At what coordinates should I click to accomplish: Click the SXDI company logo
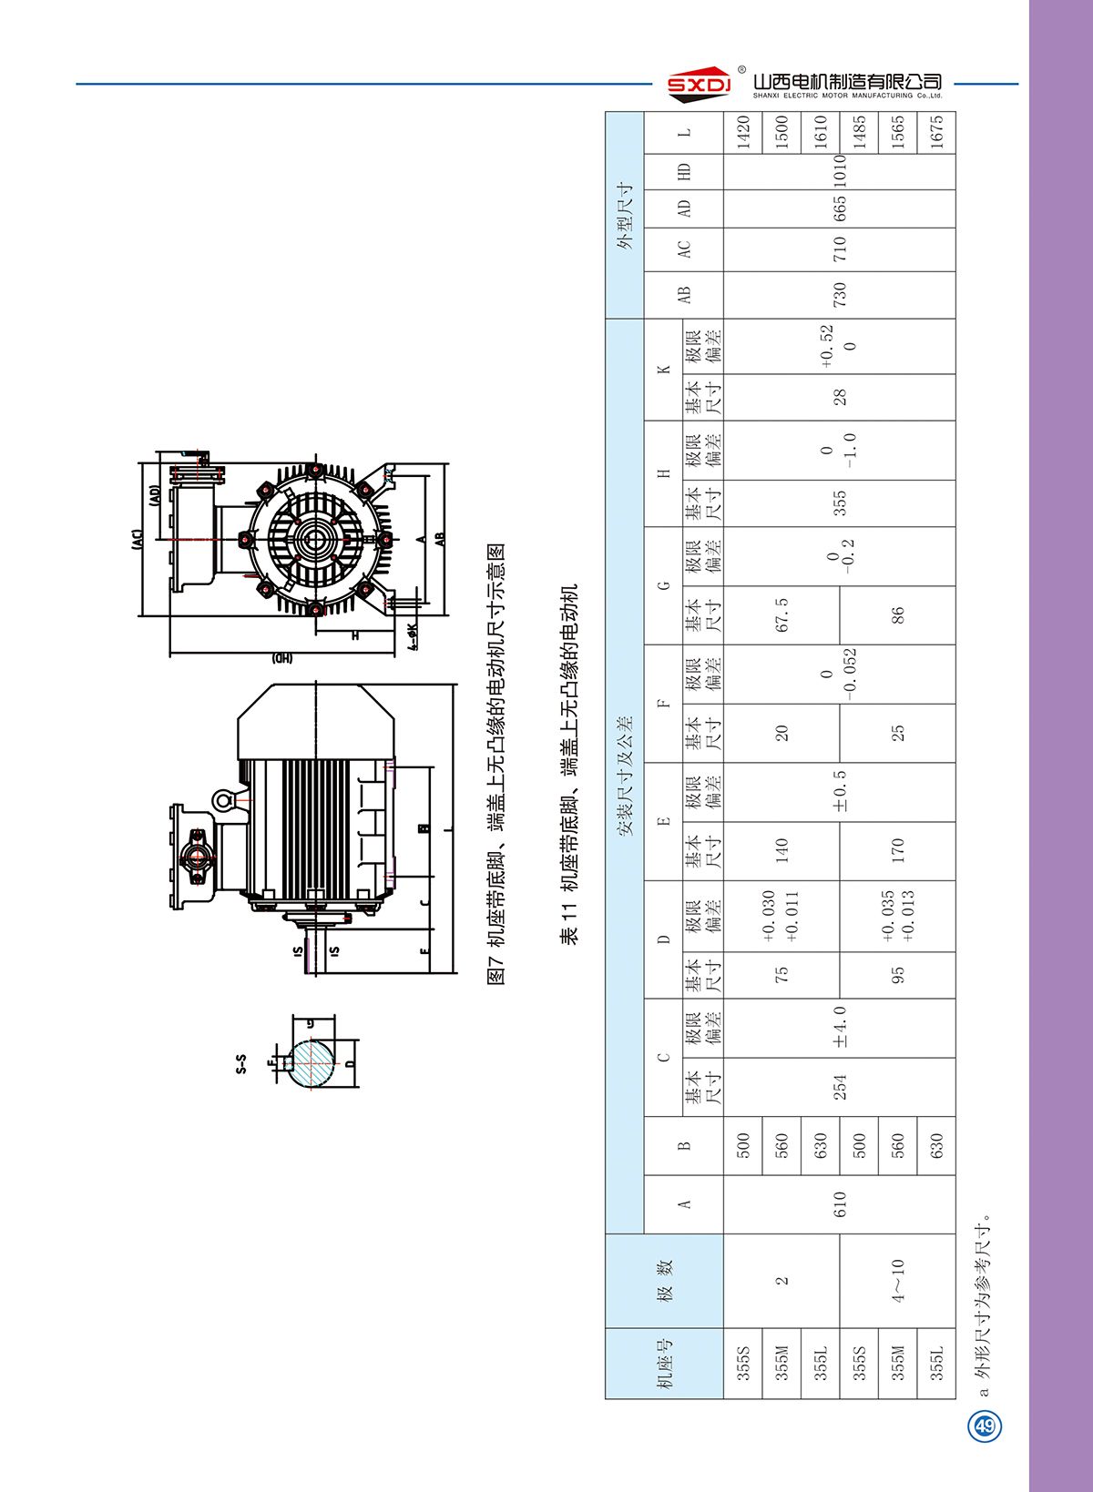[699, 82]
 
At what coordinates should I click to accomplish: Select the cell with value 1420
[743, 133]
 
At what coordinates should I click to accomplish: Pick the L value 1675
[936, 133]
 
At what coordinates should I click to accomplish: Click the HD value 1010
[839, 171]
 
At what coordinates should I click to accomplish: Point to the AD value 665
[839, 208]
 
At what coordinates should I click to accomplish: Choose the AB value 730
[839, 293]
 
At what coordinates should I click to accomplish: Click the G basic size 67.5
[781, 615]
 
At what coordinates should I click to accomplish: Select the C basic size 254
[839, 1087]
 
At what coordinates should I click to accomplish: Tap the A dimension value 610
[839, 1203]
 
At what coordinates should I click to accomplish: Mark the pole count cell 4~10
[897, 1281]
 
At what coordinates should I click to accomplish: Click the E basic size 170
[897, 850]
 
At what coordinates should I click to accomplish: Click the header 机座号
[665, 1363]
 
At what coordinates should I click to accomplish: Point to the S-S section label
[240, 1064]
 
